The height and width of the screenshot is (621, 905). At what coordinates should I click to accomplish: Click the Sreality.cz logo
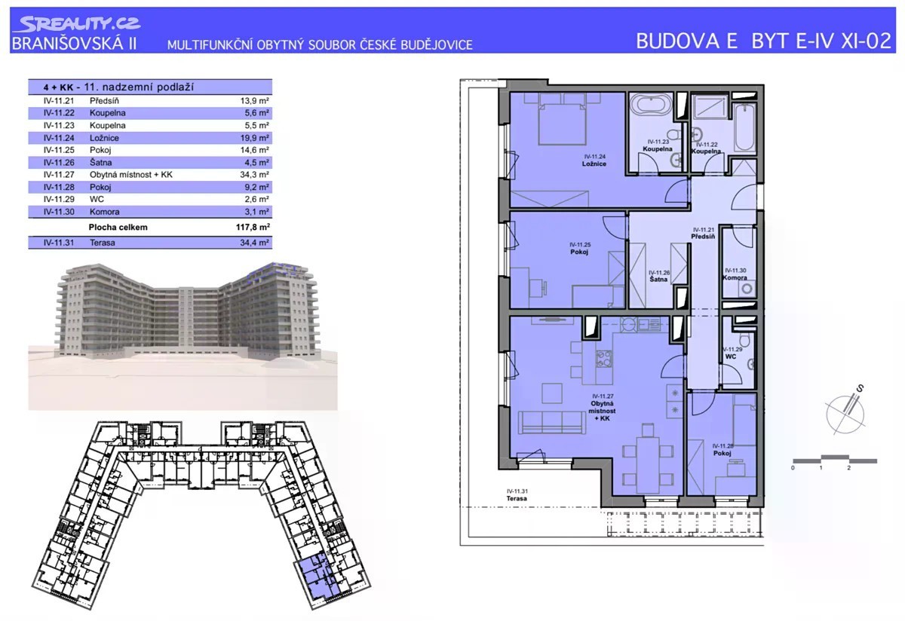[77, 24]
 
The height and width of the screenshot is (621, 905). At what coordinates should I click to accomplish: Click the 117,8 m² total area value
[253, 228]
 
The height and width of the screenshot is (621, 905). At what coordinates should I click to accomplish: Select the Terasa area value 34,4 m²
[255, 243]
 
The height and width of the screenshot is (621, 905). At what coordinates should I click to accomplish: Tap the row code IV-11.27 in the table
[59, 175]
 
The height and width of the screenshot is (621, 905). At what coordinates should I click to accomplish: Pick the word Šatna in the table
[100, 162]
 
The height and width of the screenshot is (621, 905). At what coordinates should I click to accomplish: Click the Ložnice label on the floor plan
[594, 164]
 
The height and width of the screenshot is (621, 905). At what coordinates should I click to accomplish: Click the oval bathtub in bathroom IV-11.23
[652, 105]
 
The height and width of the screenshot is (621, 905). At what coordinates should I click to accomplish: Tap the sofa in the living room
[551, 422]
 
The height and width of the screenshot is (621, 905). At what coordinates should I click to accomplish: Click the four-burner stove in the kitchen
[603, 358]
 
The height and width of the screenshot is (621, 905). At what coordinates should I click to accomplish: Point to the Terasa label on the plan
[517, 499]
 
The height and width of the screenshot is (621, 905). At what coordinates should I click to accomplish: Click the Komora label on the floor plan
[735, 278]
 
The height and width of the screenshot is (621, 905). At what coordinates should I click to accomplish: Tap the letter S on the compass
[861, 388]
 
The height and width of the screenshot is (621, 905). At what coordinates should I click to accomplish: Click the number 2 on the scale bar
[848, 468]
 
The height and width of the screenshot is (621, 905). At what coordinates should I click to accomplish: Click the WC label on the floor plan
[731, 357]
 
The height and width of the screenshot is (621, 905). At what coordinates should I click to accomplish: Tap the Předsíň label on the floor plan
[703, 237]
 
